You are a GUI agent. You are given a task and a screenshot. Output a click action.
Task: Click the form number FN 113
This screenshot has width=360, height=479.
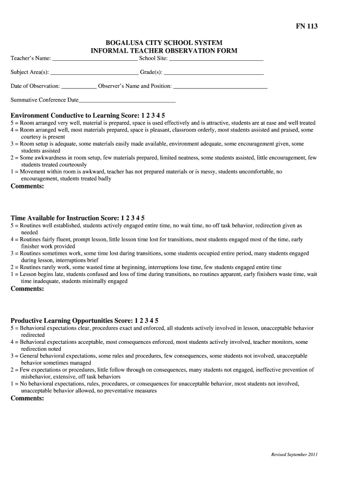(306, 27)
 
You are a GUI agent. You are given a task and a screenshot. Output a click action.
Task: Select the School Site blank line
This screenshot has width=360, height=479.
(216, 59)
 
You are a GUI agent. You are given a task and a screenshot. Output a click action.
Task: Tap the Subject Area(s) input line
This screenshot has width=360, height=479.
(94, 73)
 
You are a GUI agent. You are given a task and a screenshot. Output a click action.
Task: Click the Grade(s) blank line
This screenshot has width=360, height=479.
(214, 73)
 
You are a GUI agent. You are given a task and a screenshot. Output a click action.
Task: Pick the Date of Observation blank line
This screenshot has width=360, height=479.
(79, 87)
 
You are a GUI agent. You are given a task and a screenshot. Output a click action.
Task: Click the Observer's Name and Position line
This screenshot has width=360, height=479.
(220, 87)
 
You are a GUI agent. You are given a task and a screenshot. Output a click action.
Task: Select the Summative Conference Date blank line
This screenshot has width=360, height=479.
(127, 101)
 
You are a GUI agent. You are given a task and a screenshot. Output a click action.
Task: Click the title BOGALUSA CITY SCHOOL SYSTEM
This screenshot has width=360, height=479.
(164, 43)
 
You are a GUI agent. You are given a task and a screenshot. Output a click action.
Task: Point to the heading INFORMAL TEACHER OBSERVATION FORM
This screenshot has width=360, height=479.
(164, 51)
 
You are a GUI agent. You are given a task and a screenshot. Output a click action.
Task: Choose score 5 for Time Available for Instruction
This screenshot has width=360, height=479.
(143, 218)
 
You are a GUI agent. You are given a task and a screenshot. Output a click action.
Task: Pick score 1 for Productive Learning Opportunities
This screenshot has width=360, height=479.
(136, 321)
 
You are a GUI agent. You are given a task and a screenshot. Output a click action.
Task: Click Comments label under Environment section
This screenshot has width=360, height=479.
(27, 186)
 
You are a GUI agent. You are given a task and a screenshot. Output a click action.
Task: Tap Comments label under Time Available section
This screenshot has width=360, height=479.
(27, 289)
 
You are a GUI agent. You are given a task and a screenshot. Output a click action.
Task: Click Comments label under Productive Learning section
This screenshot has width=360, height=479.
(27, 399)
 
